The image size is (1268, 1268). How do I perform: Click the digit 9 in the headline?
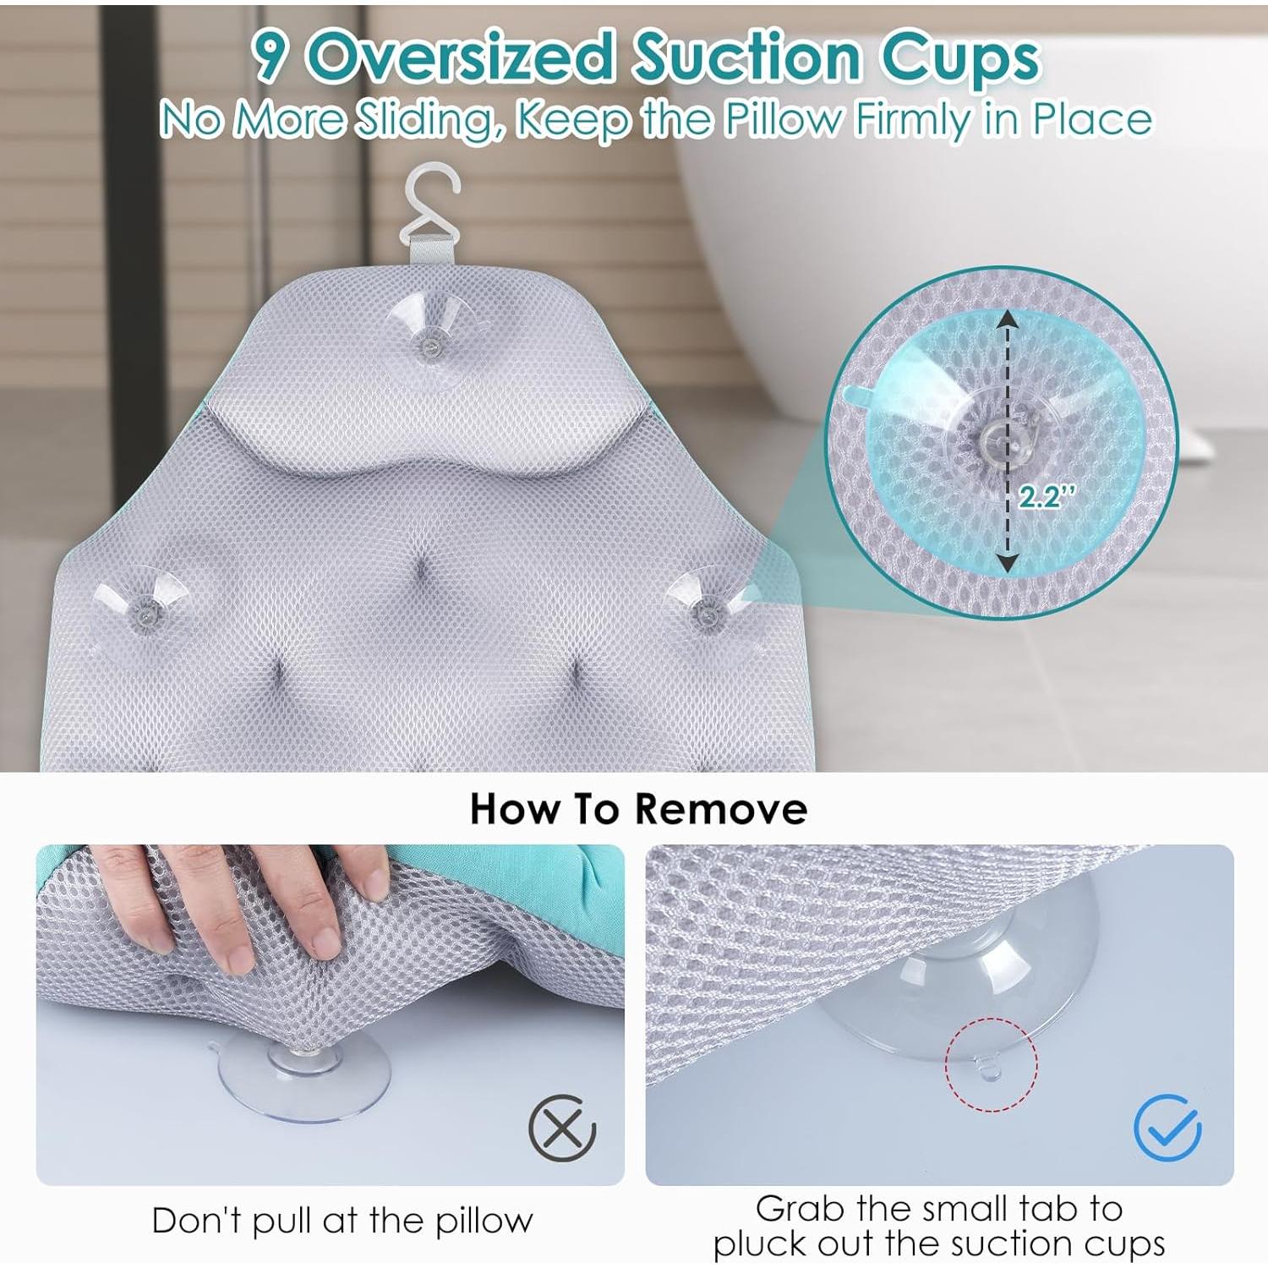point(271,57)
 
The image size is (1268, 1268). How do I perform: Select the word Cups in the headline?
point(959,59)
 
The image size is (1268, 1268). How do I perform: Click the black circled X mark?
point(562,1128)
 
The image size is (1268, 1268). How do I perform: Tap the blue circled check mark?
point(1167,1128)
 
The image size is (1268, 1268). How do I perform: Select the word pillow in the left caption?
point(484,1221)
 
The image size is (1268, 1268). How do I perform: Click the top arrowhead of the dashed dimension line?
point(1006,320)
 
